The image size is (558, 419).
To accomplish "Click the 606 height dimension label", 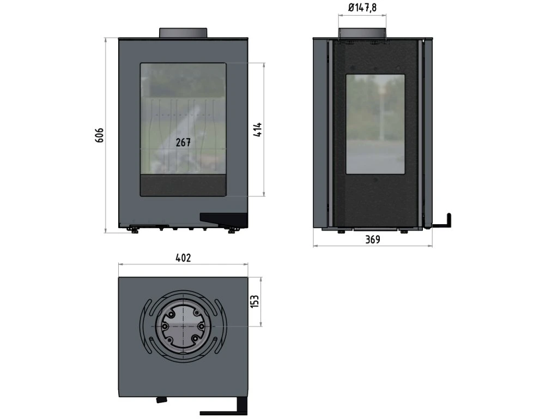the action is (99, 135).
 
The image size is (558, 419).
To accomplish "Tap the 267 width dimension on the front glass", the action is (183, 142).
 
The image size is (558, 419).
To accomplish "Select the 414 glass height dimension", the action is (258, 129).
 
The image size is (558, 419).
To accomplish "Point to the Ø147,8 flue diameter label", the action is (362, 7).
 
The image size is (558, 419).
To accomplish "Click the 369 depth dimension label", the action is (373, 240).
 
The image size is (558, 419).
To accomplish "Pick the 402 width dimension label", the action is (183, 258).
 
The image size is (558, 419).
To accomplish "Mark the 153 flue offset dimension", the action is (255, 301).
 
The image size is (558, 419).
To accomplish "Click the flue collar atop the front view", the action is (183, 32).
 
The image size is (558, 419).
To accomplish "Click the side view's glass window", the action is (375, 124).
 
